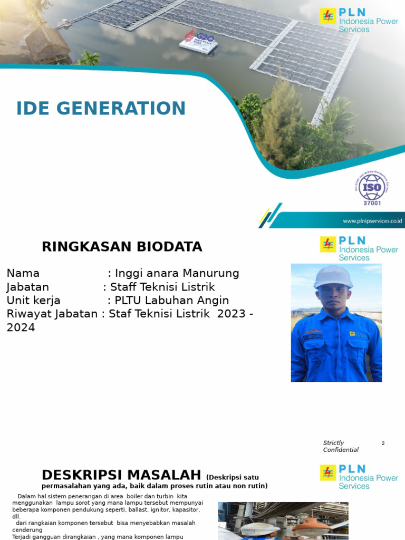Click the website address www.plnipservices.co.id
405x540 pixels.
point(372,221)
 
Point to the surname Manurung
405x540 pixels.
point(211,273)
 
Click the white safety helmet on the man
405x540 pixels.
point(333,277)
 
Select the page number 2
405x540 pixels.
point(383,443)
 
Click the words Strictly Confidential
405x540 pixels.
point(340,446)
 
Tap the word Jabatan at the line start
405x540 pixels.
point(27,287)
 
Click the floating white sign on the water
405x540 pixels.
point(198,41)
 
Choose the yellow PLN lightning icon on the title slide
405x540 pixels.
point(328,16)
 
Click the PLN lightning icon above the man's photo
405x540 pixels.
point(328,245)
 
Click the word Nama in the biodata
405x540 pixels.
point(23,273)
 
